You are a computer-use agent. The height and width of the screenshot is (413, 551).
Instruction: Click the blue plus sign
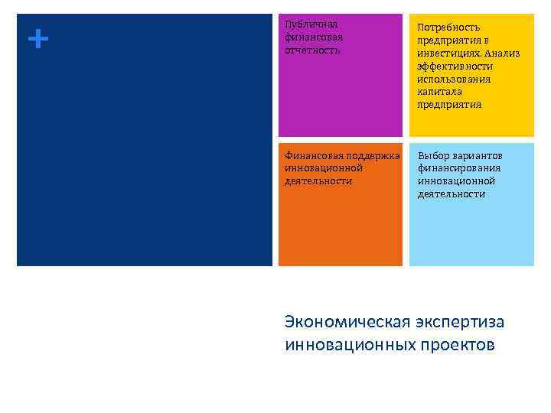coord(36,38)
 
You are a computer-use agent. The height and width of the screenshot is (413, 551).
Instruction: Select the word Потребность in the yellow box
coord(448,28)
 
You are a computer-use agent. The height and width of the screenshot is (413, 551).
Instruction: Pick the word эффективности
coord(455,67)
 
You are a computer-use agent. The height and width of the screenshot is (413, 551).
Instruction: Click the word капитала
coord(439,92)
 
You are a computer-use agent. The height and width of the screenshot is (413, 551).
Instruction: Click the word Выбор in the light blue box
coord(433,156)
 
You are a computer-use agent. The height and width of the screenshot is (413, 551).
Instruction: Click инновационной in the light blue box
coord(456,181)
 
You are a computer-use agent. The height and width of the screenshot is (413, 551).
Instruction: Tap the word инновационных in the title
coord(349,345)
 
